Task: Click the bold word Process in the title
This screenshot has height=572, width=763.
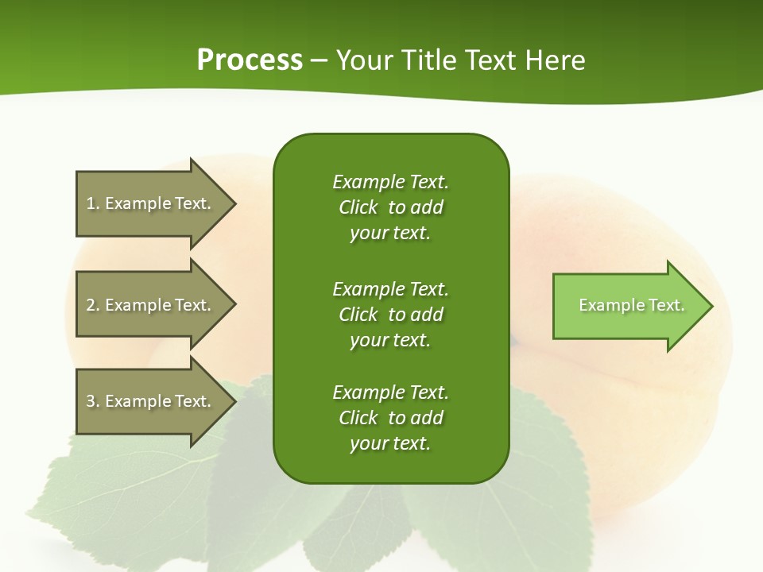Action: click(x=250, y=60)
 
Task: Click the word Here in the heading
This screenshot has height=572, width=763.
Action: click(x=556, y=60)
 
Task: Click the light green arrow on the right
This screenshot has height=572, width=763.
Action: click(x=628, y=306)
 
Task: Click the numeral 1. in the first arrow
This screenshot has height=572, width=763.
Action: click(x=92, y=203)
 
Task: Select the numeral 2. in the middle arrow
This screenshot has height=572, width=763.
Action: click(x=92, y=305)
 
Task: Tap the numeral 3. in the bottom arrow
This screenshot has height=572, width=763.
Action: click(x=92, y=401)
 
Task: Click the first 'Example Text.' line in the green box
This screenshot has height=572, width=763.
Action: click(x=390, y=182)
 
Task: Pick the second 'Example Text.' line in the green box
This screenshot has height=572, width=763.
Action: click(x=390, y=288)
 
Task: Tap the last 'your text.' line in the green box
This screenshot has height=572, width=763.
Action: click(x=390, y=444)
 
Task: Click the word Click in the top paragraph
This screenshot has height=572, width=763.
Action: click(x=358, y=207)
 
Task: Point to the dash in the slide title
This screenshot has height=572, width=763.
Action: click(x=319, y=60)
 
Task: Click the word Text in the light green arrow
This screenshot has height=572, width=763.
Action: click(x=666, y=305)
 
